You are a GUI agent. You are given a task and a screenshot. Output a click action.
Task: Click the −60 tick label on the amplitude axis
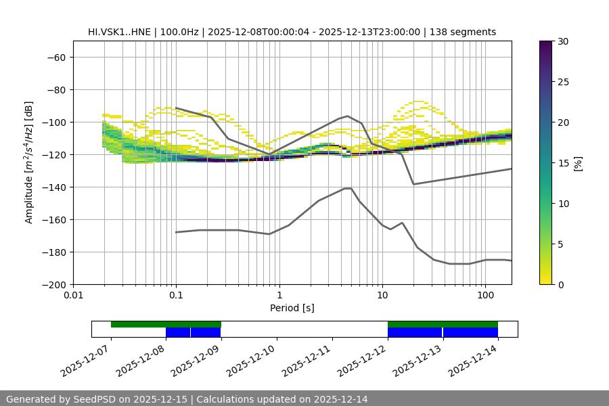(x=55, y=57)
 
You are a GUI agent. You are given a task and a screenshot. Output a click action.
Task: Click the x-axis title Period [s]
(x=292, y=308)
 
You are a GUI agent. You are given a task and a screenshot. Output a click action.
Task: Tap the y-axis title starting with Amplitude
(x=29, y=162)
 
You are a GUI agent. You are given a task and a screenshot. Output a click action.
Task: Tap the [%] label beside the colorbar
(x=579, y=163)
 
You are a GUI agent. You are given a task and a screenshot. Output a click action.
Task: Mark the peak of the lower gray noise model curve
(x=348, y=188)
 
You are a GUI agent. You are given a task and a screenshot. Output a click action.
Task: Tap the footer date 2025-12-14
(x=340, y=399)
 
